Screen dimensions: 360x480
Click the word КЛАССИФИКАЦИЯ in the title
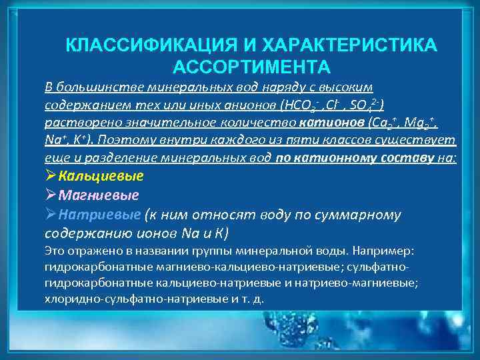144,46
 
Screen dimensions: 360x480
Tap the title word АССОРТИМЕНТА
251,67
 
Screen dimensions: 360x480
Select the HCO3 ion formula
303,105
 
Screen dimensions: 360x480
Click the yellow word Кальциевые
101,177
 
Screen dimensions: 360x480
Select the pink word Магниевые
99,195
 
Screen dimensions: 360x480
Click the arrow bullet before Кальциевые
51,177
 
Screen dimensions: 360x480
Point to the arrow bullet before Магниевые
51,195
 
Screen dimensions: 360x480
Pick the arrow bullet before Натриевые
51,215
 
